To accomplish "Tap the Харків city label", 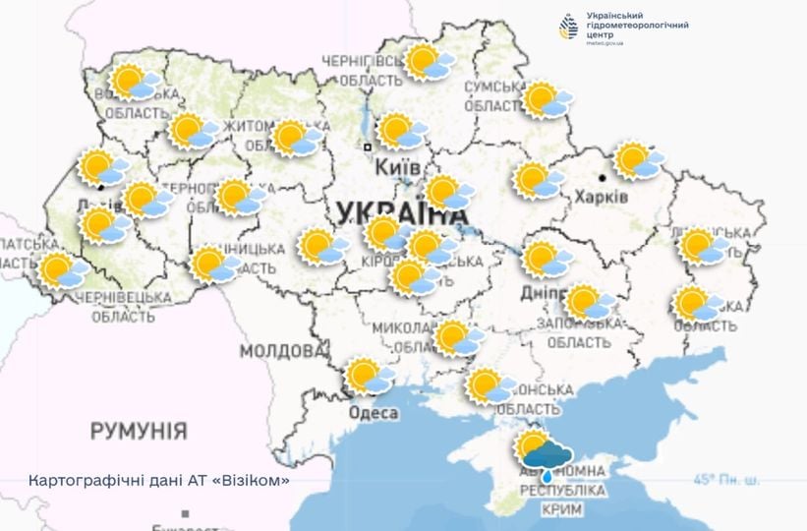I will pos(601,198).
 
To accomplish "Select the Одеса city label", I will pos(374,413).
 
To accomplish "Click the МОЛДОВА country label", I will pos(282,351).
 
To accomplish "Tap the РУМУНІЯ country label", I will pos(139,430).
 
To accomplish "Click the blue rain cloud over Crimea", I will pos(548,455).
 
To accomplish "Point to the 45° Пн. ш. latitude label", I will pos(726,480).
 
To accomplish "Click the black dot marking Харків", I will pos(602,178).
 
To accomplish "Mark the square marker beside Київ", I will pos(368,147).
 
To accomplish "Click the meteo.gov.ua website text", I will pos(605,44).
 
